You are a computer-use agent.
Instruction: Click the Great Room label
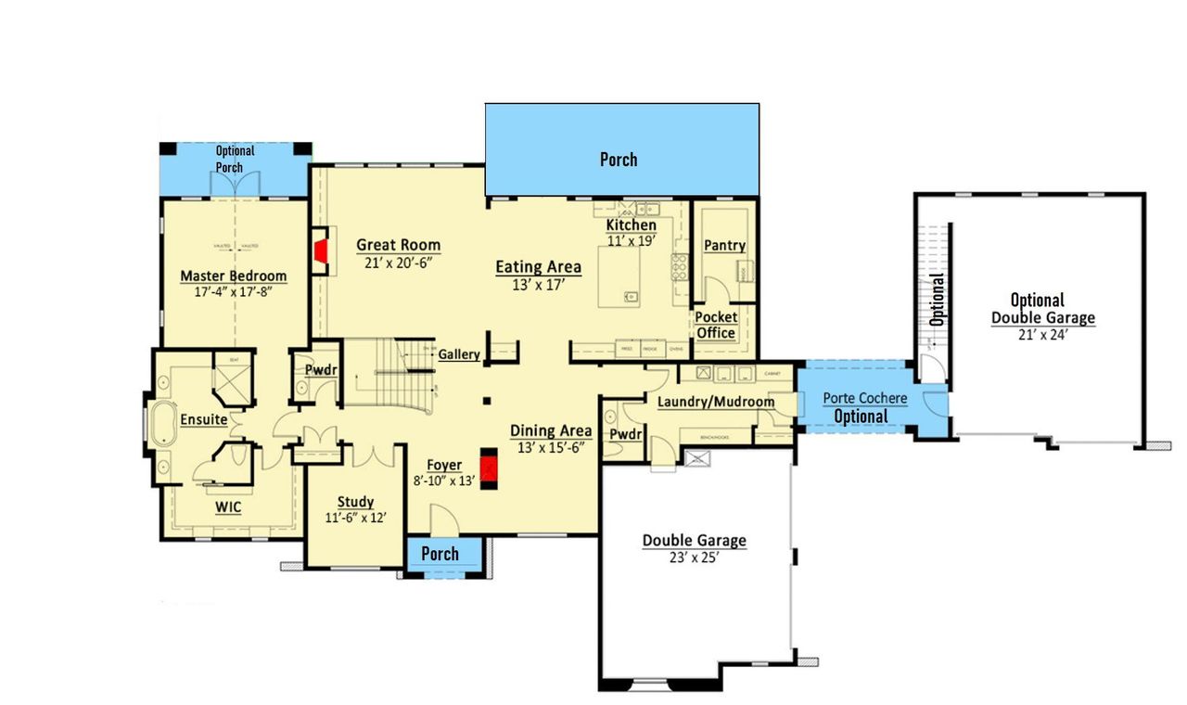399,246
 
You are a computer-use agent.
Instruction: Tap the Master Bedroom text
233,276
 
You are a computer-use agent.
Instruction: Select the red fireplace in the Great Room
321,251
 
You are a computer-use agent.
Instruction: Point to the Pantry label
724,246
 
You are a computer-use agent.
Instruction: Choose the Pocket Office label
716,326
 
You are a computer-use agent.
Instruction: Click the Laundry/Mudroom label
715,402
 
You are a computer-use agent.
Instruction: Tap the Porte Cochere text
865,398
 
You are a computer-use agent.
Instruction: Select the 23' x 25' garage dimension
694,559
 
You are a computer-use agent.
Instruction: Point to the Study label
355,503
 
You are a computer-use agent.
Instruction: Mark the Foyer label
444,465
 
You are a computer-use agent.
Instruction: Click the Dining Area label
551,430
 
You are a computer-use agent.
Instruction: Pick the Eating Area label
538,267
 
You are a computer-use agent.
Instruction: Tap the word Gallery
459,355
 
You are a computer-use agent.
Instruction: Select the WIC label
229,507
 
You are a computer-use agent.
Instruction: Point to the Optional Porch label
236,159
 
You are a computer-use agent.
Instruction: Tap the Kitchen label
632,225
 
